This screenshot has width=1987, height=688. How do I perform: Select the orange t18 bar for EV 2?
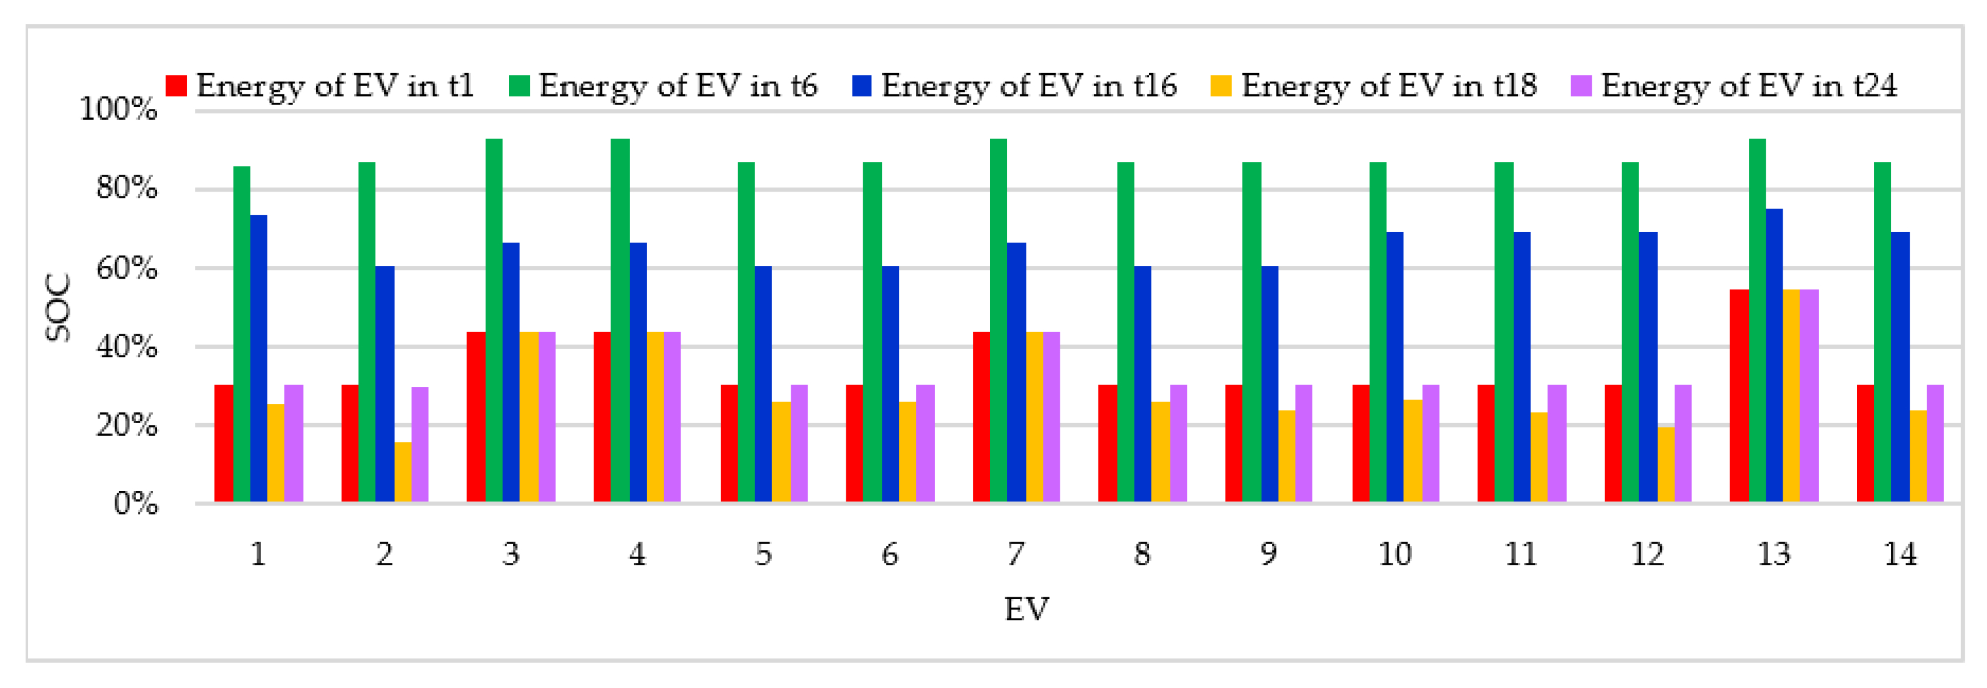[403, 472]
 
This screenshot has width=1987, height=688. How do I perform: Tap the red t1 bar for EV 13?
[1739, 395]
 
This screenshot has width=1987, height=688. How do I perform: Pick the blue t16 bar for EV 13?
[1774, 355]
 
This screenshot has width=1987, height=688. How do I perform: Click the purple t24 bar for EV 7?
[1051, 417]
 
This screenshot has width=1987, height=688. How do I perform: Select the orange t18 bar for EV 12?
[1665, 464]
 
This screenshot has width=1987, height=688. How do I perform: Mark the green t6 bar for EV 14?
[1882, 333]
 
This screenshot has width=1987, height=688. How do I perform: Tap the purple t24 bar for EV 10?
[1431, 444]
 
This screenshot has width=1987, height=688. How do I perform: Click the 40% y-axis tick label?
[126, 347]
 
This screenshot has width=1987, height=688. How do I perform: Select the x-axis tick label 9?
[1268, 554]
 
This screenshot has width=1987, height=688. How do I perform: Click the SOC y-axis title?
[58, 308]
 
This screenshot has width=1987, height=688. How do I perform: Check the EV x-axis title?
[1026, 609]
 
